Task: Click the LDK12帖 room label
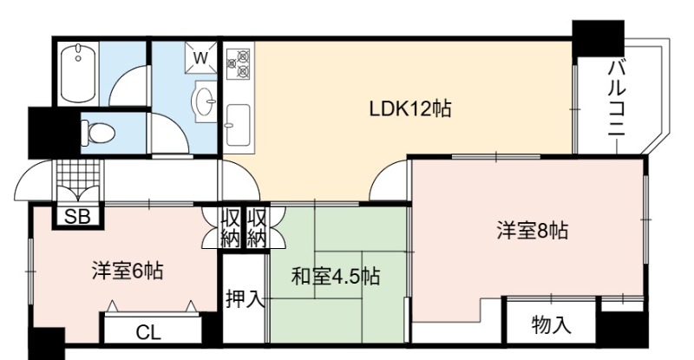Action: (x=410, y=108)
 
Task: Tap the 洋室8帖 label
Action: (x=533, y=231)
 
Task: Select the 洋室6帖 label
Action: (x=128, y=271)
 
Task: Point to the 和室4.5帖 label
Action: (x=335, y=277)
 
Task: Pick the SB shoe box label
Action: (x=77, y=217)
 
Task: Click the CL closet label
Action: (x=148, y=332)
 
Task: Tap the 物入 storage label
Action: (x=551, y=325)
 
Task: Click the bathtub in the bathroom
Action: (x=79, y=73)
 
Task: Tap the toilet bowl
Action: (x=98, y=133)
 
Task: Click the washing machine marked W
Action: (x=200, y=57)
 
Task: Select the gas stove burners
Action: (x=238, y=64)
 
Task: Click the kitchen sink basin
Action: (x=238, y=125)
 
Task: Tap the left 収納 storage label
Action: (x=231, y=228)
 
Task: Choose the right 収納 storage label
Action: (x=257, y=228)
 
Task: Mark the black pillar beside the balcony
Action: (x=598, y=38)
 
